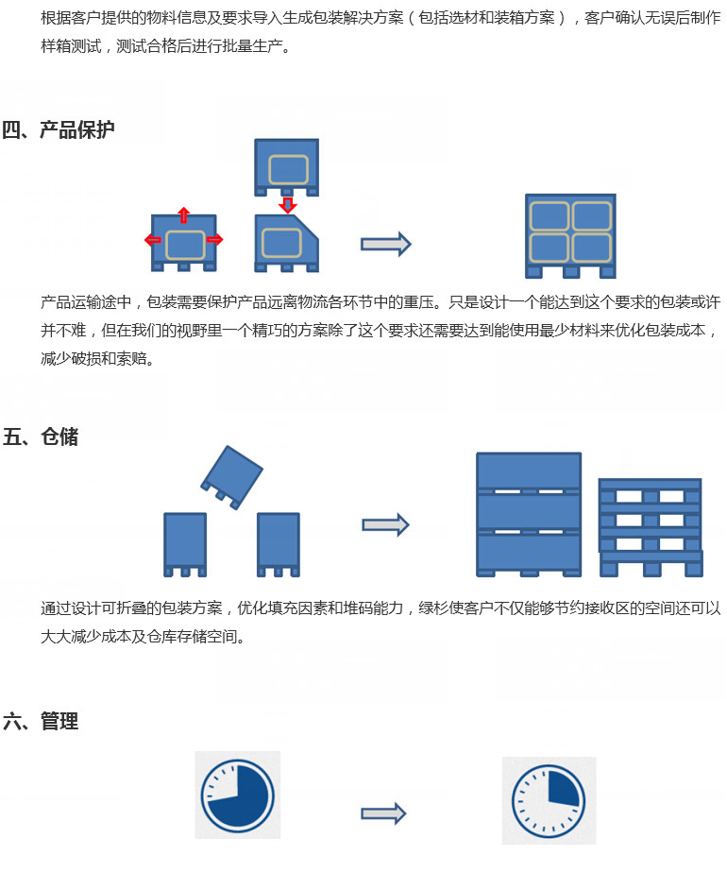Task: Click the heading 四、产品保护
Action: (x=59, y=129)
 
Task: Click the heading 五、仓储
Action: (x=41, y=436)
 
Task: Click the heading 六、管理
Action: (x=41, y=721)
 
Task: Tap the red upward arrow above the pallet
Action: (x=183, y=214)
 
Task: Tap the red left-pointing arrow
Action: (x=152, y=239)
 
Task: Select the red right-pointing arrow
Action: (x=214, y=239)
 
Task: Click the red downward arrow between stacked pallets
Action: (x=287, y=205)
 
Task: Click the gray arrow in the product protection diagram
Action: (x=386, y=244)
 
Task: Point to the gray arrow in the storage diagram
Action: (x=386, y=524)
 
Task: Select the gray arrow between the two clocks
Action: (x=384, y=813)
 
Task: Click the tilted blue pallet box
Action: (x=232, y=477)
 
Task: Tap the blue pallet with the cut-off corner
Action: (x=286, y=244)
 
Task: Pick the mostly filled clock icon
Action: (x=238, y=795)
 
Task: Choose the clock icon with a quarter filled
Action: (x=549, y=800)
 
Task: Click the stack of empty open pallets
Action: (x=651, y=527)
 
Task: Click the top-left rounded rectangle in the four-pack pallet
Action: (x=549, y=216)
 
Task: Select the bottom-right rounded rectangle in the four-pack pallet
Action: (x=592, y=248)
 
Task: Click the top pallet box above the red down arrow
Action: (x=286, y=167)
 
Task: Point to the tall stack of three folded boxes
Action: (x=529, y=514)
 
